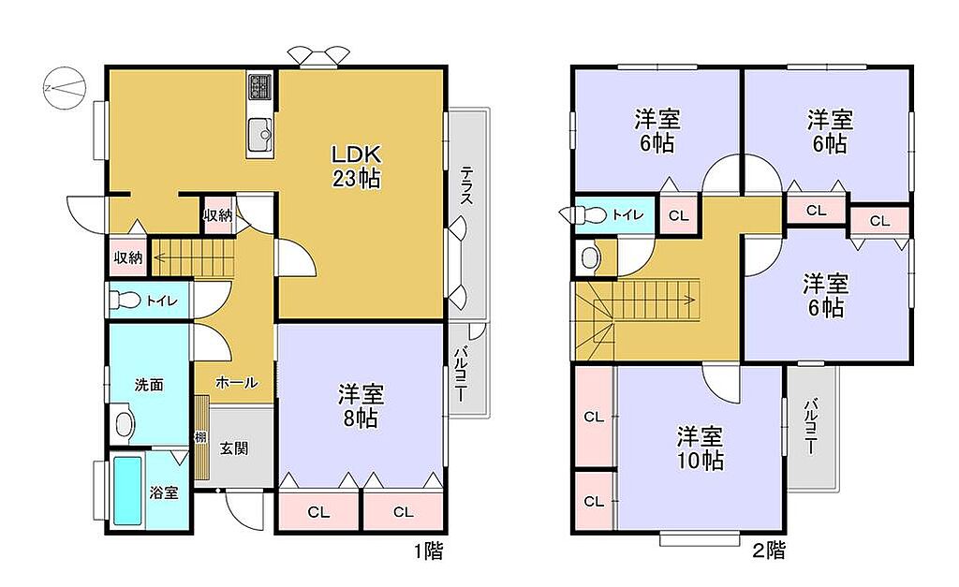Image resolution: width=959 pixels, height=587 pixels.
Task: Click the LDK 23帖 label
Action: pyautogui.click(x=357, y=166)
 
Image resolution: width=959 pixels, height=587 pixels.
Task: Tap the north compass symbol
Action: pyautogui.click(x=64, y=88)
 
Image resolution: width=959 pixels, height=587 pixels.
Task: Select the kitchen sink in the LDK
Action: pyautogui.click(x=261, y=137)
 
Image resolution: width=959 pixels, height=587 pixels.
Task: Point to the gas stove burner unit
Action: pyautogui.click(x=261, y=87)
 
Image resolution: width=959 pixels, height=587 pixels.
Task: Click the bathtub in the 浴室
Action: pyautogui.click(x=127, y=491)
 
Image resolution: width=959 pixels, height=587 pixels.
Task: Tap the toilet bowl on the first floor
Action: pyautogui.click(x=125, y=300)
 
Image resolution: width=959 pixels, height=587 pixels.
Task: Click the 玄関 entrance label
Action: pyautogui.click(x=234, y=448)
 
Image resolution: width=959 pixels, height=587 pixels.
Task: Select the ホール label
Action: pyautogui.click(x=236, y=383)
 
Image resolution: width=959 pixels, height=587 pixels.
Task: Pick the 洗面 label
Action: pyautogui.click(x=149, y=385)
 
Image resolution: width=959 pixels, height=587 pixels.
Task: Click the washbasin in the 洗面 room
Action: pyautogui.click(x=125, y=422)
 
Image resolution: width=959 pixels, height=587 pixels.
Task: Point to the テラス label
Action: pyautogui.click(x=466, y=185)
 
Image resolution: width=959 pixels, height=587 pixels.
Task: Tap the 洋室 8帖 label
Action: pyautogui.click(x=361, y=406)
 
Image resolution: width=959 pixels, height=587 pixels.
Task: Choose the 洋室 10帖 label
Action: pyautogui.click(x=700, y=448)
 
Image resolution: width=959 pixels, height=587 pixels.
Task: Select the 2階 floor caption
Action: pyautogui.click(x=768, y=550)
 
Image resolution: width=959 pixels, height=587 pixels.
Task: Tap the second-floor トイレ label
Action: pyautogui.click(x=628, y=214)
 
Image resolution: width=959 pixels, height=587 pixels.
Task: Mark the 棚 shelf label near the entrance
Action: pyautogui.click(x=200, y=437)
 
